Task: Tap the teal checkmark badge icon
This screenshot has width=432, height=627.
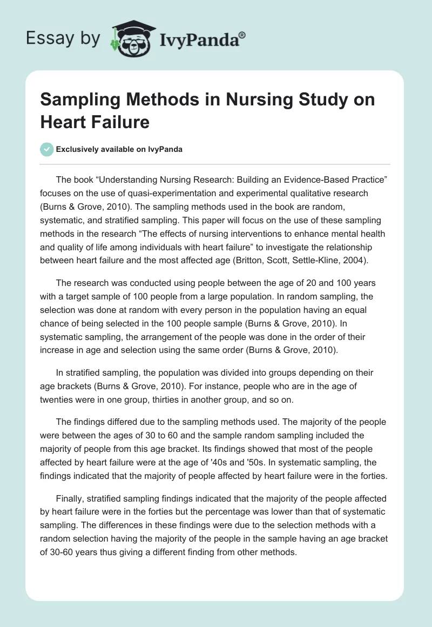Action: click(x=47, y=149)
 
